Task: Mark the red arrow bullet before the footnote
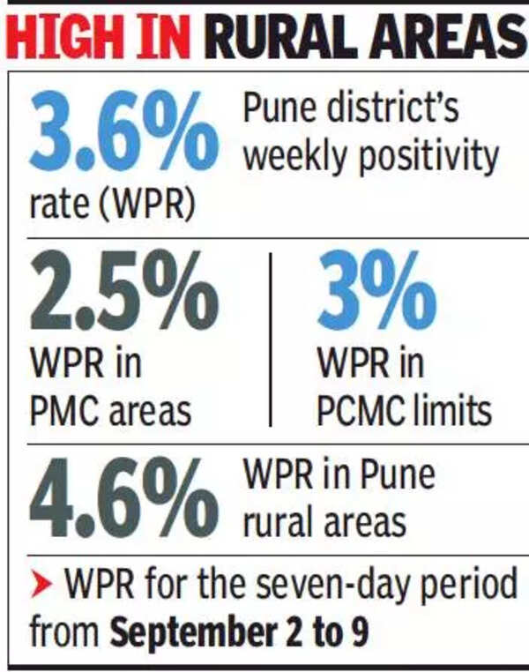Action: click(x=42, y=586)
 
